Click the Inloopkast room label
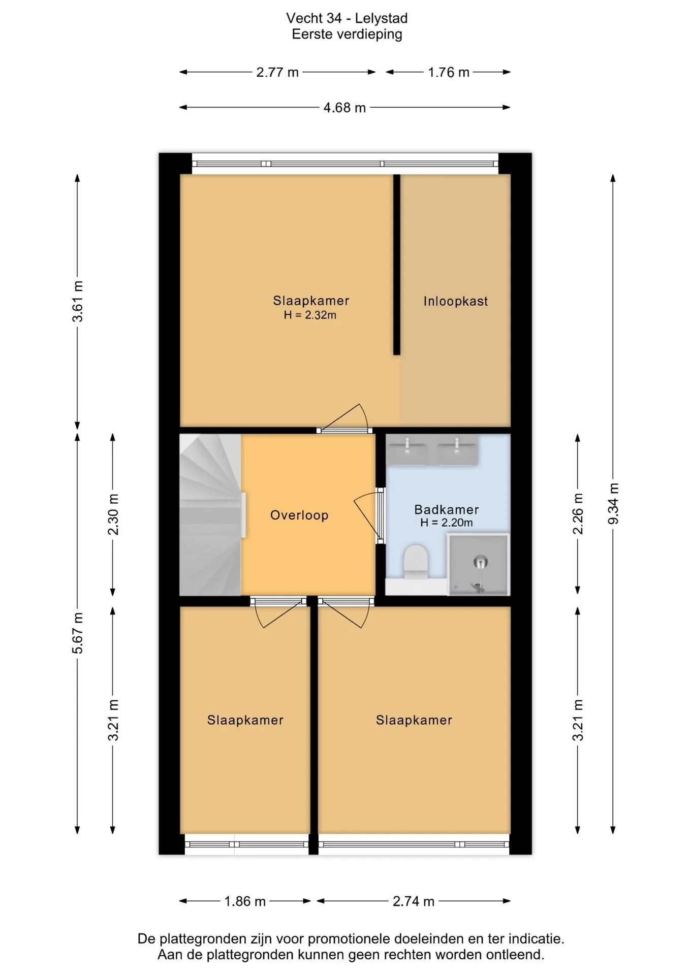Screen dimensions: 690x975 tap(455, 301)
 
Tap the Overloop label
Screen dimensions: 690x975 tap(299, 515)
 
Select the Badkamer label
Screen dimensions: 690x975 tap(447, 509)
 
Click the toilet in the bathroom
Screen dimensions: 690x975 tap(416, 562)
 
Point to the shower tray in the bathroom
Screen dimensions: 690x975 tap(478, 564)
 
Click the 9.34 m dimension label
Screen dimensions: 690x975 tap(613, 504)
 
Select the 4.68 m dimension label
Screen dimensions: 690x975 tap(344, 108)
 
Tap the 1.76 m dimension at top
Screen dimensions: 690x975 tap(448, 72)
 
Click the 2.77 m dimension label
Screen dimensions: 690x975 tap(277, 72)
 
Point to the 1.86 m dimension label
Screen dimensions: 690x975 tap(245, 901)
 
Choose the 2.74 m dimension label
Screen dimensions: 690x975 tap(414, 901)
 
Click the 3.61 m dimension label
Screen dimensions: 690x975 tap(77, 302)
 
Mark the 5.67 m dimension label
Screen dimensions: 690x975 tap(77, 633)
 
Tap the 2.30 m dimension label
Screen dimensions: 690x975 tap(113, 514)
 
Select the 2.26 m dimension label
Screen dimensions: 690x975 tap(578, 513)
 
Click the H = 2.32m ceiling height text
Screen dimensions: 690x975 tap(310, 315)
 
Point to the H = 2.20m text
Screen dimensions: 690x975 tap(447, 523)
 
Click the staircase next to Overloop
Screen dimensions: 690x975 tap(210, 514)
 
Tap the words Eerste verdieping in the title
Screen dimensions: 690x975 tap(347, 35)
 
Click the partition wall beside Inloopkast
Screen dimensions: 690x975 tap(396, 265)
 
